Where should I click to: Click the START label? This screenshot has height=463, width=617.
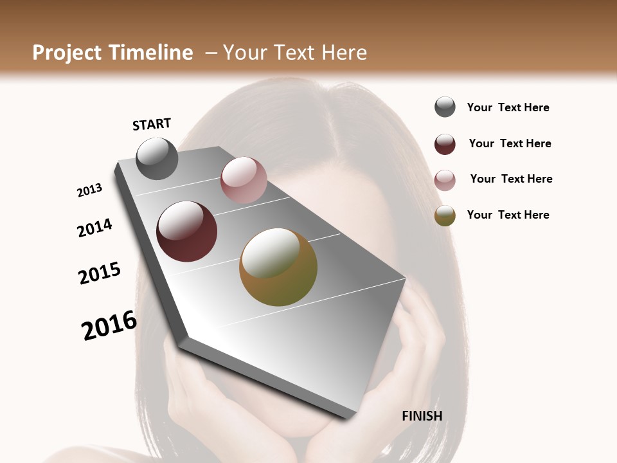152,124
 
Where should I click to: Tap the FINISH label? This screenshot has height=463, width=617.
422,416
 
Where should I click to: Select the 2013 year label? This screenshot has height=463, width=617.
90,190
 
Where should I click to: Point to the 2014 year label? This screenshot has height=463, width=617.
95,228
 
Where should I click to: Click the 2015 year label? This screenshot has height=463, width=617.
100,273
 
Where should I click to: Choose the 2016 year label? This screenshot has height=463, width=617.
109,325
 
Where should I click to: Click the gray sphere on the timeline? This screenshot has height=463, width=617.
157,158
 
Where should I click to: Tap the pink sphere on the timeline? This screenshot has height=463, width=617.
244,180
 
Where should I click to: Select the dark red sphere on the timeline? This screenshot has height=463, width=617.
187,232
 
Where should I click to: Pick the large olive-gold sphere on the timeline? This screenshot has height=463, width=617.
278,267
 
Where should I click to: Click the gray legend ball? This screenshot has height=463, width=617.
445,107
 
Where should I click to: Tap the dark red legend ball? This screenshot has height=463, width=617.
445,144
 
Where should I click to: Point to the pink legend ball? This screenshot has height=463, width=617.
445,180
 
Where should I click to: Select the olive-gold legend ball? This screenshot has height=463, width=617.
445,215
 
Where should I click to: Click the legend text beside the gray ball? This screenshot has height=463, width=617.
508,108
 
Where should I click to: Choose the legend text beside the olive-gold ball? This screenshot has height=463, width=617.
508,215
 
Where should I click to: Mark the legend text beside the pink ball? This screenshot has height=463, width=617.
511,179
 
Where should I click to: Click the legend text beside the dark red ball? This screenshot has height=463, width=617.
510,143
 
